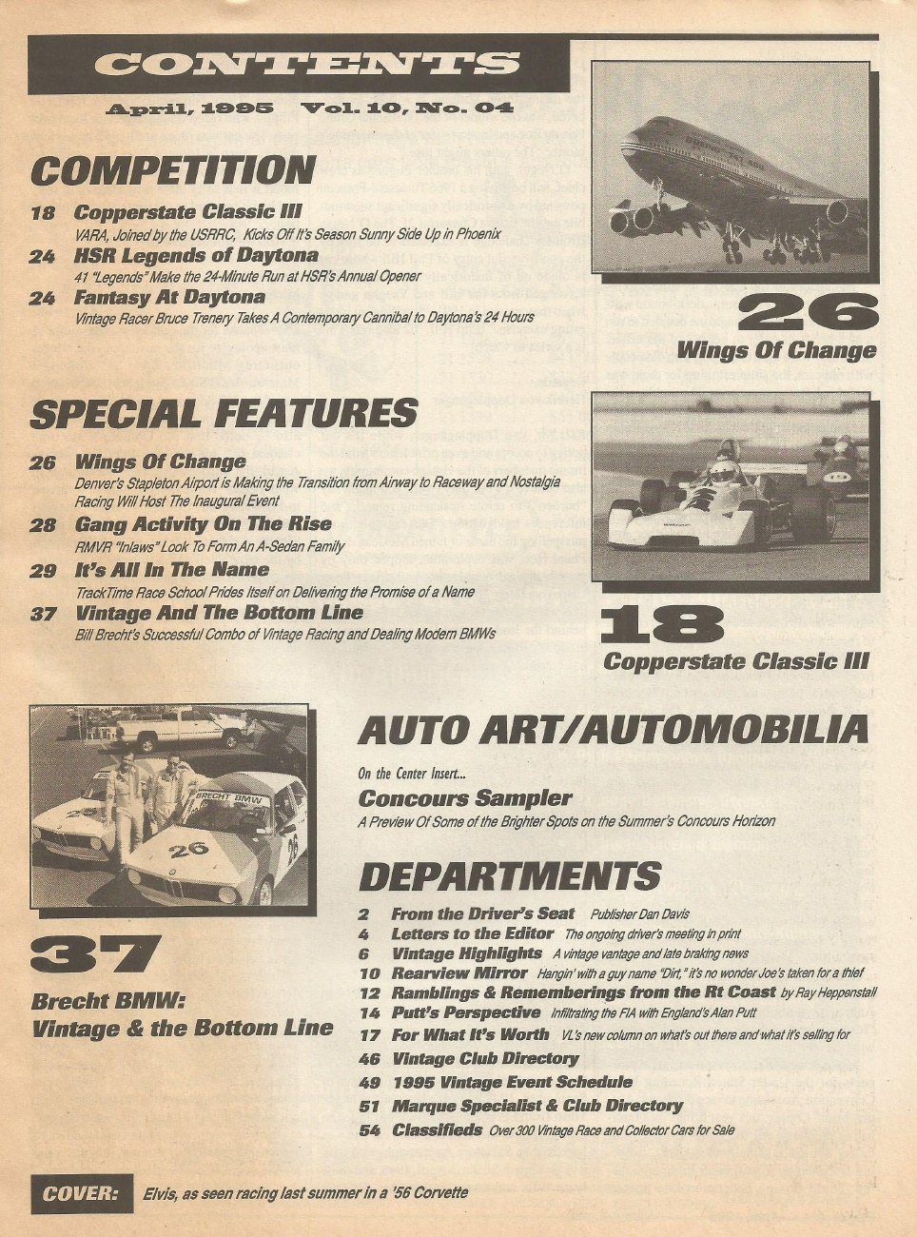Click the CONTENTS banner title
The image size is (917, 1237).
point(306,63)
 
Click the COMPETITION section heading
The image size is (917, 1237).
point(172,171)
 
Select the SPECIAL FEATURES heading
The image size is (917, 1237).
point(224,414)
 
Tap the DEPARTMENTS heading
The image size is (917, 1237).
point(509,876)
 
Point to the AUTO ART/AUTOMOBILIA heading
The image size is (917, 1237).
point(613,731)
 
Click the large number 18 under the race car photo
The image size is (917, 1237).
point(662,626)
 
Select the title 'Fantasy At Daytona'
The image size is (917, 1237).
point(169,298)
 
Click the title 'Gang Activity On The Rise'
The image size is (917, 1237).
point(203,524)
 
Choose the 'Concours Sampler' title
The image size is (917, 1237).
point(465,798)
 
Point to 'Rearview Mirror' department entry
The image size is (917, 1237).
point(458,973)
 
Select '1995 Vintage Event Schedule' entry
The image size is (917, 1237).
point(512,1082)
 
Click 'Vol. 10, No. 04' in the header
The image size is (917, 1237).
point(406,108)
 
